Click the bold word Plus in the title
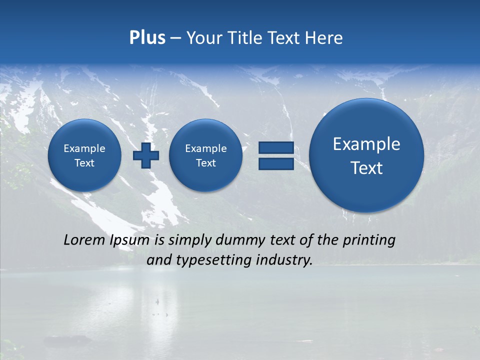coord(147,38)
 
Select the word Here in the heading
coord(325,38)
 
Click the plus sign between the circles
coord(146,155)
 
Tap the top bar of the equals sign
coord(276,147)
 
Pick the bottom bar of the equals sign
coord(276,164)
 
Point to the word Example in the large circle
coord(366,144)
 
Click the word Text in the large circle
coord(366,168)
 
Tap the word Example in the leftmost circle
coord(84,148)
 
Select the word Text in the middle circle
coord(206,163)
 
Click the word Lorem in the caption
coord(84,240)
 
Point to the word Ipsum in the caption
coord(129,240)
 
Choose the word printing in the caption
coord(368,240)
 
